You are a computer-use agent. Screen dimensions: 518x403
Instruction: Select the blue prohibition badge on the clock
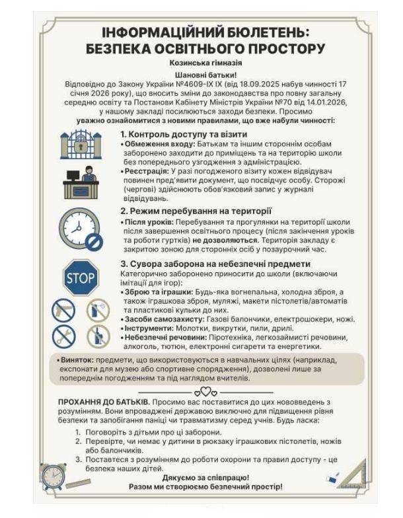(94, 242)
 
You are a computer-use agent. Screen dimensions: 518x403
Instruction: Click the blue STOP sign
(81, 277)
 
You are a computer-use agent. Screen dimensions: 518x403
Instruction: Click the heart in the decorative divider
(205, 391)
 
